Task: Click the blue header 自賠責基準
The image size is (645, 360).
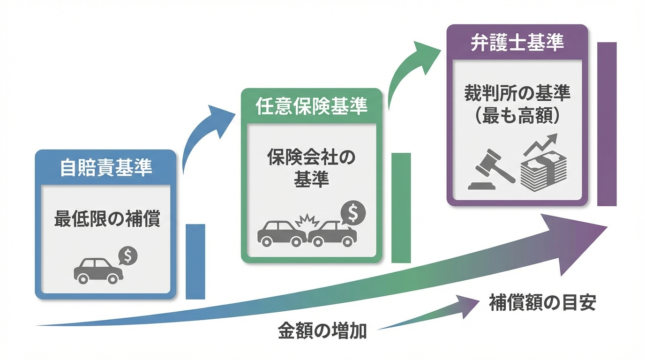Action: [106, 168]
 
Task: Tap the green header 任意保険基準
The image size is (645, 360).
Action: [311, 107]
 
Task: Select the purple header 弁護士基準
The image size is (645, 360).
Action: [517, 43]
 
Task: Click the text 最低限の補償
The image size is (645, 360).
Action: [107, 219]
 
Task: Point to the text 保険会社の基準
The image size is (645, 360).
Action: [311, 168]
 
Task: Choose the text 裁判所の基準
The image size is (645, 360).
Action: [517, 94]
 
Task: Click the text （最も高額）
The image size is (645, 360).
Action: [517, 116]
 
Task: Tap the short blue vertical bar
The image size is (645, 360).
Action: [195, 261]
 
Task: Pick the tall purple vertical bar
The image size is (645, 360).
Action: [607, 124]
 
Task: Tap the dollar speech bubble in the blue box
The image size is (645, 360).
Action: [127, 256]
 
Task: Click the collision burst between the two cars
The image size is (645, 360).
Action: [306, 220]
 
